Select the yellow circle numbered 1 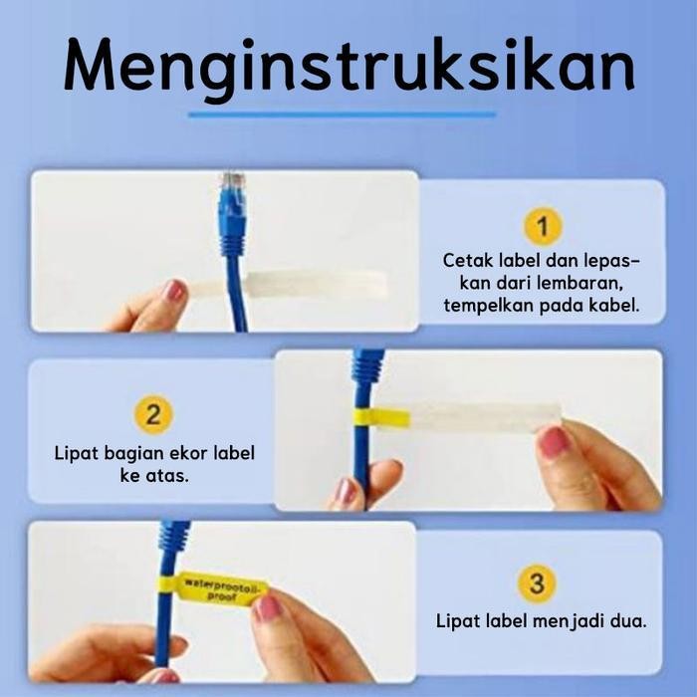(x=542, y=227)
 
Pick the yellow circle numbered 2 (x=152, y=415)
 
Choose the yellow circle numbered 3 (x=537, y=583)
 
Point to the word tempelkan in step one (x=484, y=305)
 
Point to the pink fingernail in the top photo (x=174, y=292)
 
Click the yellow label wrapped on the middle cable (x=383, y=417)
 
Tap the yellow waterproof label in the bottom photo (x=224, y=588)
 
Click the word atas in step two (x=169, y=475)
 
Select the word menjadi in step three (x=574, y=621)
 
